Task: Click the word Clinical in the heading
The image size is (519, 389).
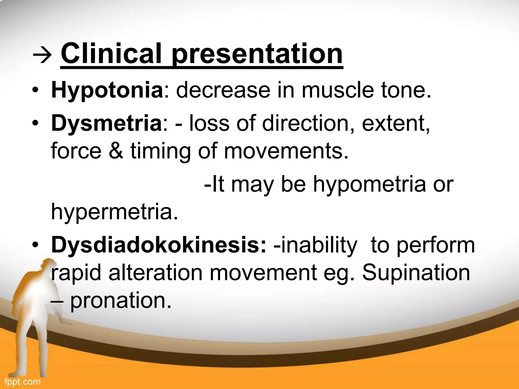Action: (x=111, y=54)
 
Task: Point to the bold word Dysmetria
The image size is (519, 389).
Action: (x=106, y=124)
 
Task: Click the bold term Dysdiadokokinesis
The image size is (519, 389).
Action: (x=158, y=245)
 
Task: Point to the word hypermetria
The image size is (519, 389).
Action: (x=115, y=212)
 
